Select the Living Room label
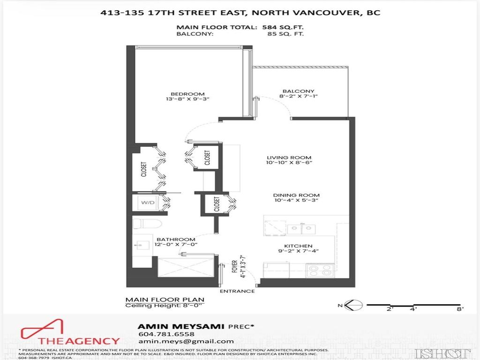tap(289, 158)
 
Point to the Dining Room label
tap(290, 195)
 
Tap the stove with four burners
tap(320, 270)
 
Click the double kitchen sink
tap(301, 229)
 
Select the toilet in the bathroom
tap(140, 223)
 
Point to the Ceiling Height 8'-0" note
tap(165, 306)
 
